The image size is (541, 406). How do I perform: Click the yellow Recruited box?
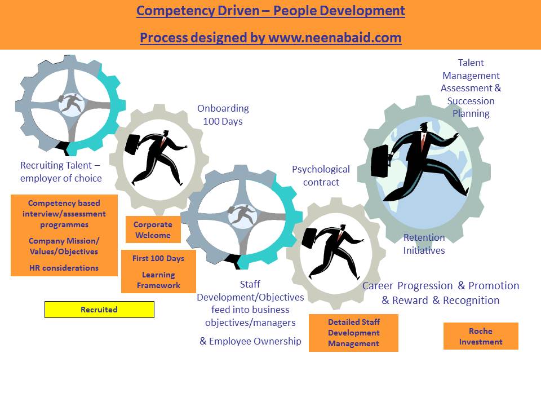(x=99, y=310)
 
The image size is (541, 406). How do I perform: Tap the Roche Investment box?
(x=480, y=336)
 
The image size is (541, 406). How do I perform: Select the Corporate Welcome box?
(x=153, y=230)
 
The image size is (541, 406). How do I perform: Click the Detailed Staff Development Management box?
(x=353, y=333)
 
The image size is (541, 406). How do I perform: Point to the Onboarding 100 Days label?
(x=223, y=114)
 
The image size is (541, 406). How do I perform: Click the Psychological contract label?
(x=321, y=175)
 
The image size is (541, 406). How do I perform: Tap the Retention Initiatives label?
(x=424, y=244)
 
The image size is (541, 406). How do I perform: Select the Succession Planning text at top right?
(x=471, y=107)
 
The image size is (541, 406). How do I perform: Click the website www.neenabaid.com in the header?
(x=335, y=38)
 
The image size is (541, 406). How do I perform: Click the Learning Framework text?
(x=158, y=280)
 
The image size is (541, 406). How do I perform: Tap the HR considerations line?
(x=64, y=268)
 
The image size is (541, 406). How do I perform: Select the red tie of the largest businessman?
(x=423, y=142)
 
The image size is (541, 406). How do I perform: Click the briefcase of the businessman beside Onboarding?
(x=132, y=144)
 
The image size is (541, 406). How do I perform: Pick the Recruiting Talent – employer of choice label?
(x=61, y=171)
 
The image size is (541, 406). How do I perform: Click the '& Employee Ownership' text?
(x=250, y=341)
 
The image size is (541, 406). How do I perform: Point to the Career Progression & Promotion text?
(x=440, y=285)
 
